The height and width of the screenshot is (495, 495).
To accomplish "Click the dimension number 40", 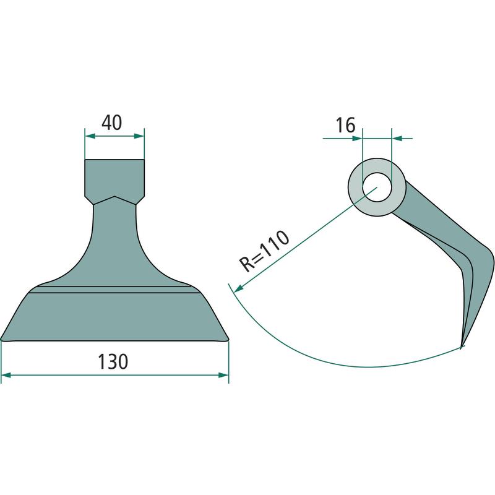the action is [x=112, y=123].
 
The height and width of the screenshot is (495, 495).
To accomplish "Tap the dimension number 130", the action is [x=113, y=362].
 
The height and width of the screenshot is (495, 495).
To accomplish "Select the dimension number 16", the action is [x=345, y=125].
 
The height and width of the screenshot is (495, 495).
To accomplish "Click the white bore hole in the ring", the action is [x=377, y=187].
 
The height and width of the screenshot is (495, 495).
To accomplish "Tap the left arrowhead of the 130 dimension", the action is [x=6, y=375].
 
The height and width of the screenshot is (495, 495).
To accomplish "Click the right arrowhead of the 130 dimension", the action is [x=223, y=375].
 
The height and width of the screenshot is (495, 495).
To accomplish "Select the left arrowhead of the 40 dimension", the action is [x=90, y=136].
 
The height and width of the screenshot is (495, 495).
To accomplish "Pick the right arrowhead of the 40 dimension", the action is [x=139, y=136].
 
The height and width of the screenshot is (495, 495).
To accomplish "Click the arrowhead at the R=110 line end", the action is [x=238, y=288].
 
